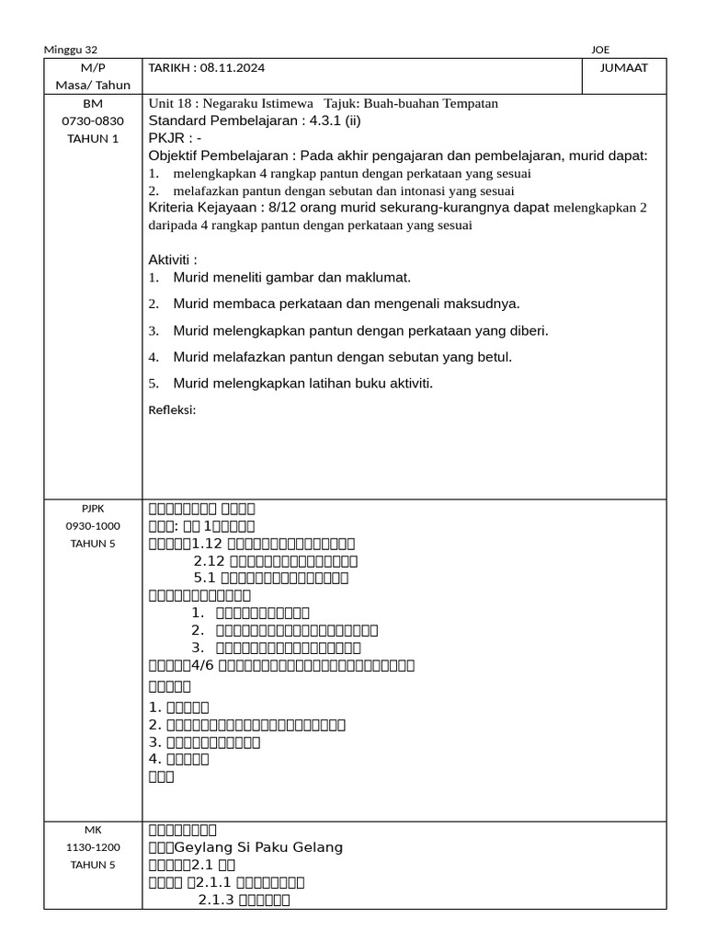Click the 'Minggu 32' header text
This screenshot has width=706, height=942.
click(71, 50)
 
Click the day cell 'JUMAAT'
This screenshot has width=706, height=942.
click(624, 68)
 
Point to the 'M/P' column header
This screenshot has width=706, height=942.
click(93, 68)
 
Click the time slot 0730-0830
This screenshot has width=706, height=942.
click(93, 121)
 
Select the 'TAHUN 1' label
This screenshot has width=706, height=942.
click(93, 138)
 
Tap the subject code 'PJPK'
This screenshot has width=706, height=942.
click(93, 508)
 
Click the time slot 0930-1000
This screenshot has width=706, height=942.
click(93, 525)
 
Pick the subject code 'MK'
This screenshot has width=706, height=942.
click(93, 830)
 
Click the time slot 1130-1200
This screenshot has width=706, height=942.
click(93, 847)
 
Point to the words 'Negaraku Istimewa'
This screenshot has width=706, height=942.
click(258, 103)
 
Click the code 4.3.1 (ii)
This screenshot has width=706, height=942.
click(326, 121)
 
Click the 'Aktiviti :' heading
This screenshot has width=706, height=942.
click(173, 260)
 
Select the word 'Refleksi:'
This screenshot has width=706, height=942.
click(172, 409)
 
